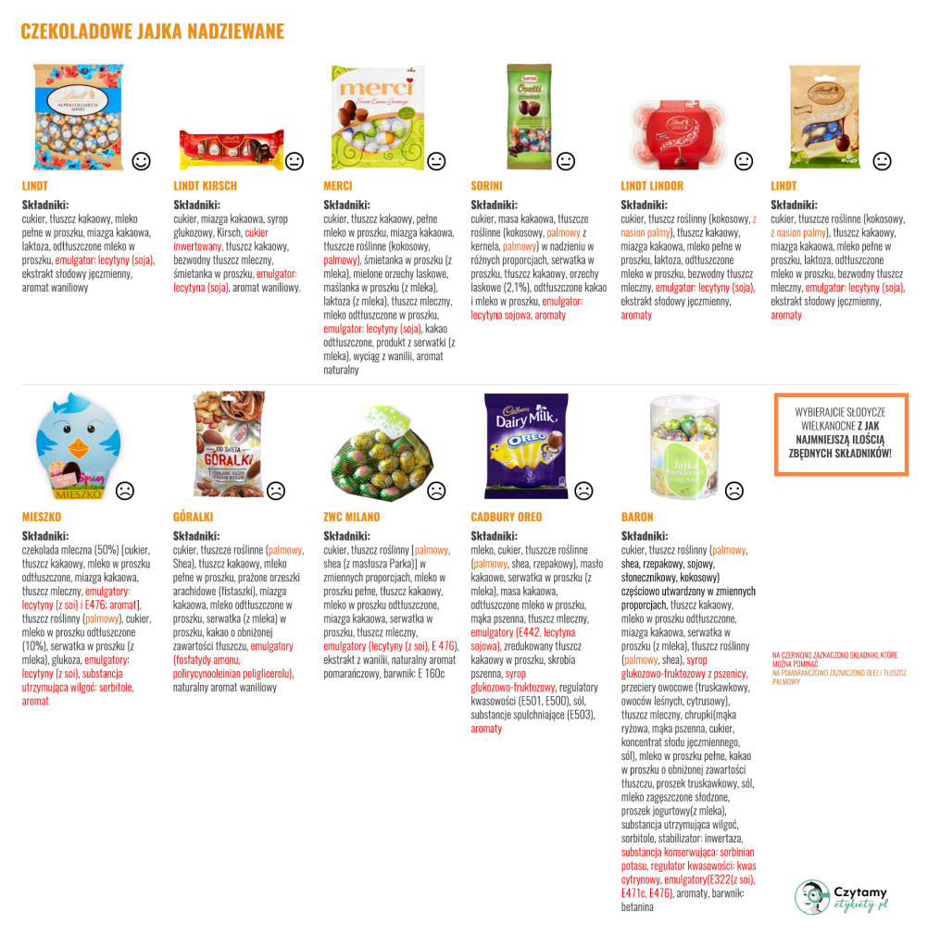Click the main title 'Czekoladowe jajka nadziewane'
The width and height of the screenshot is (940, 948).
pyautogui.click(x=152, y=32)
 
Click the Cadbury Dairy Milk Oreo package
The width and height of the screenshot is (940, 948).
pyautogui.click(x=525, y=440)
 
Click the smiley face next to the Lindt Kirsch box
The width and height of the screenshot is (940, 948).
pyautogui.click(x=295, y=160)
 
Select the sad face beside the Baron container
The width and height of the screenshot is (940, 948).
pyautogui.click(x=734, y=490)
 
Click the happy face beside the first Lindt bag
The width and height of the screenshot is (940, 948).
pyautogui.click(x=142, y=160)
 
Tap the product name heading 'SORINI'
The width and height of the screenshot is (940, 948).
pyautogui.click(x=486, y=186)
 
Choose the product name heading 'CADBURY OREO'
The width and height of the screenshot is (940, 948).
pyautogui.click(x=506, y=517)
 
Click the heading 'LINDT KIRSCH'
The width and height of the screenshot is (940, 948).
pyautogui.click(x=205, y=186)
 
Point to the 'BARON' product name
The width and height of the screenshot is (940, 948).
pyautogui.click(x=637, y=517)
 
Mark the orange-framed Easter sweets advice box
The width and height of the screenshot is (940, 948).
pyautogui.click(x=841, y=433)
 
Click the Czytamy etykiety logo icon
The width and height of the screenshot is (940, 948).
pyautogui.click(x=811, y=895)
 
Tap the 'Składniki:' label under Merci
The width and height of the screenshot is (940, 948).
pyautogui.click(x=346, y=205)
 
